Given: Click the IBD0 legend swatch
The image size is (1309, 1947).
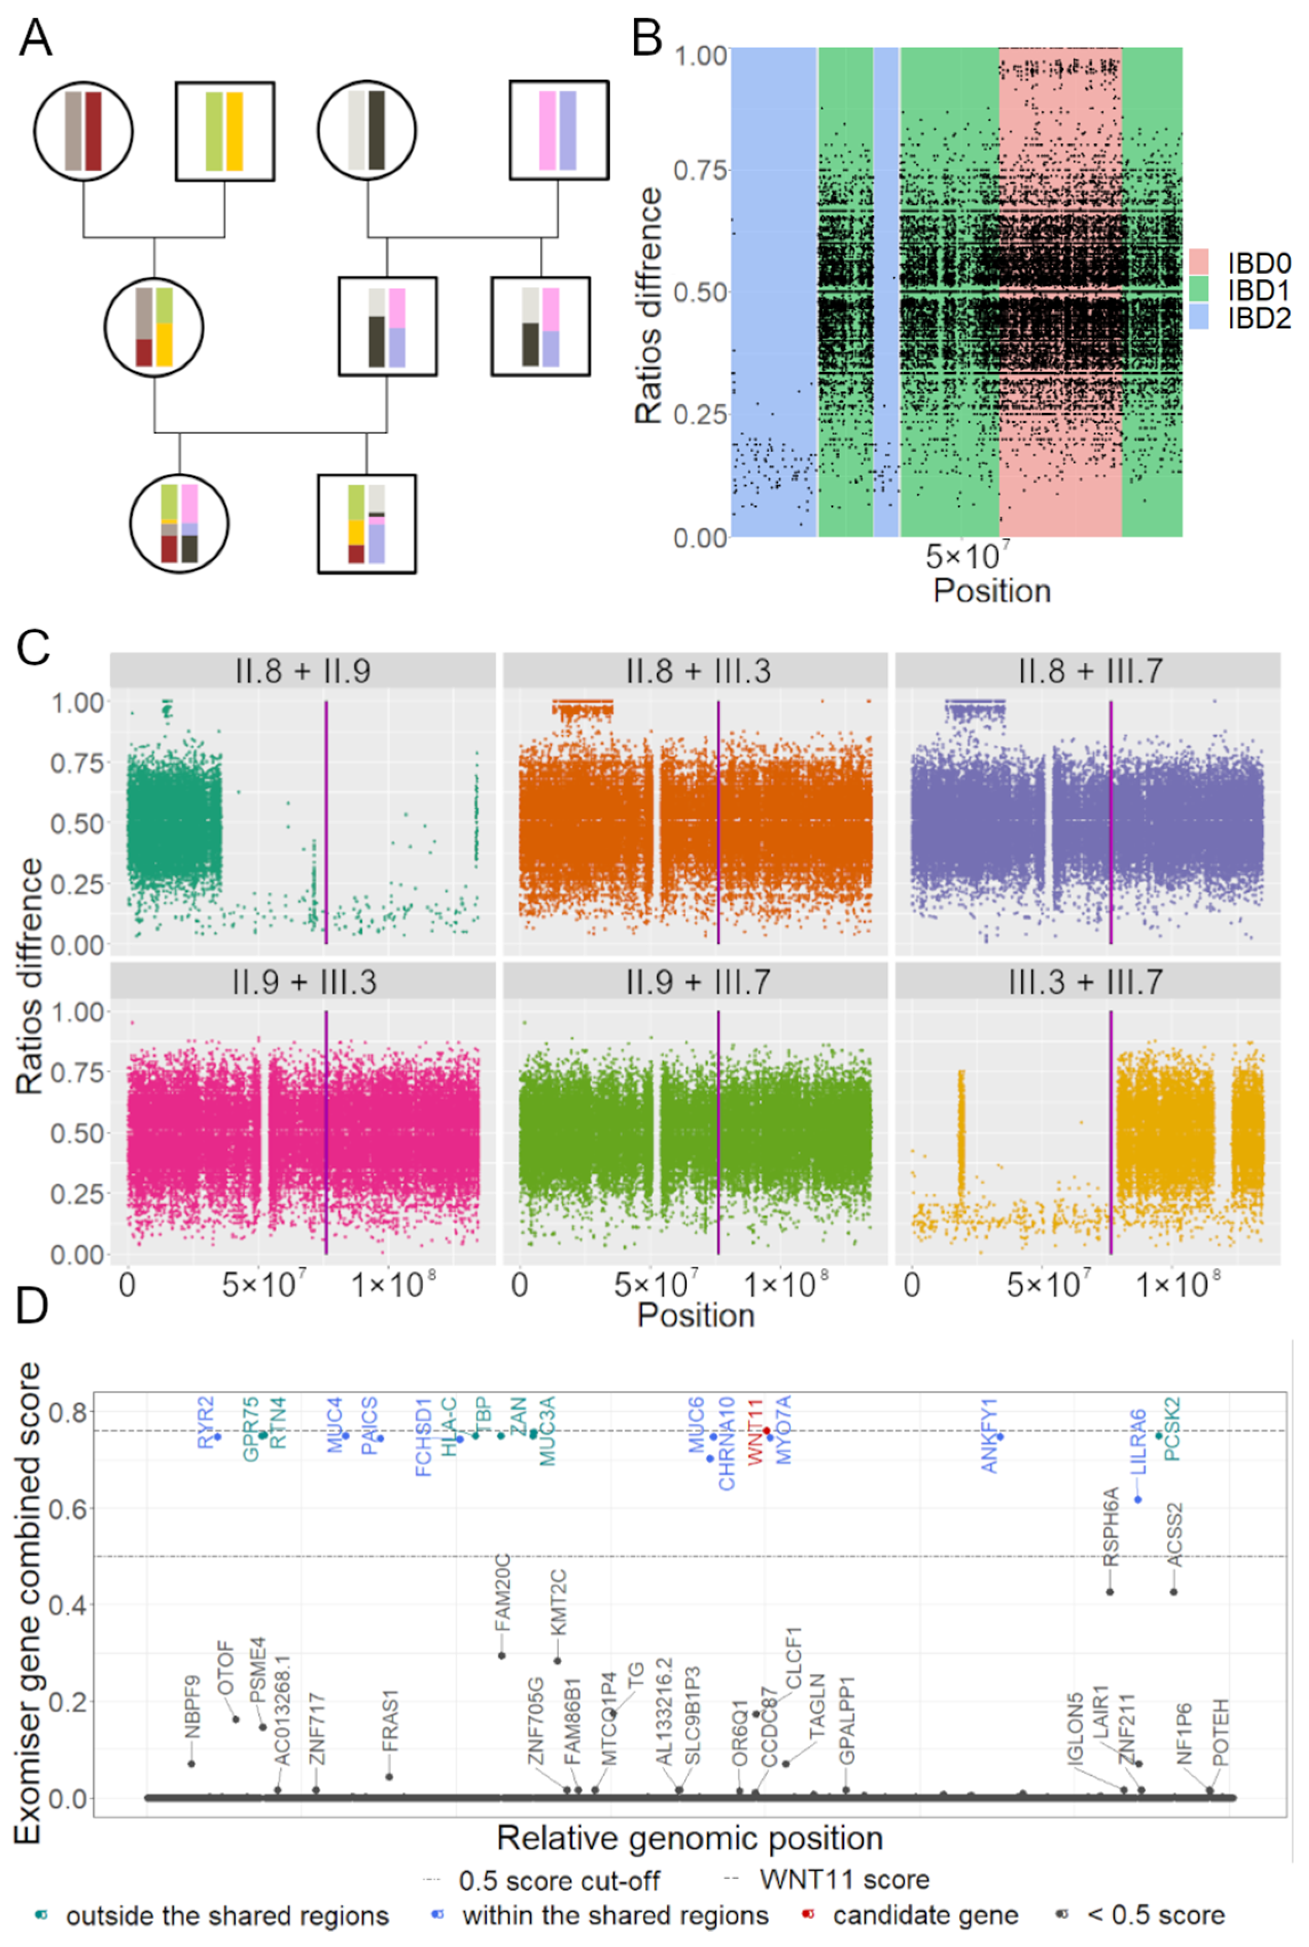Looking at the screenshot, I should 1199,262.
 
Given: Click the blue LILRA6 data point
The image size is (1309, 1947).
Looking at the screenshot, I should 1137,1500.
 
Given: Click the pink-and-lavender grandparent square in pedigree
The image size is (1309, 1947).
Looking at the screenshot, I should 558,131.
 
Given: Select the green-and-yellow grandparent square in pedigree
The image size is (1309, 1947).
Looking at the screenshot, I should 224,131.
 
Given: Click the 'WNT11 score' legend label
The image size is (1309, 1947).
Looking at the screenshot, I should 844,1880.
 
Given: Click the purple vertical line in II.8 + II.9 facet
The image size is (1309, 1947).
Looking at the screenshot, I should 326,822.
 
